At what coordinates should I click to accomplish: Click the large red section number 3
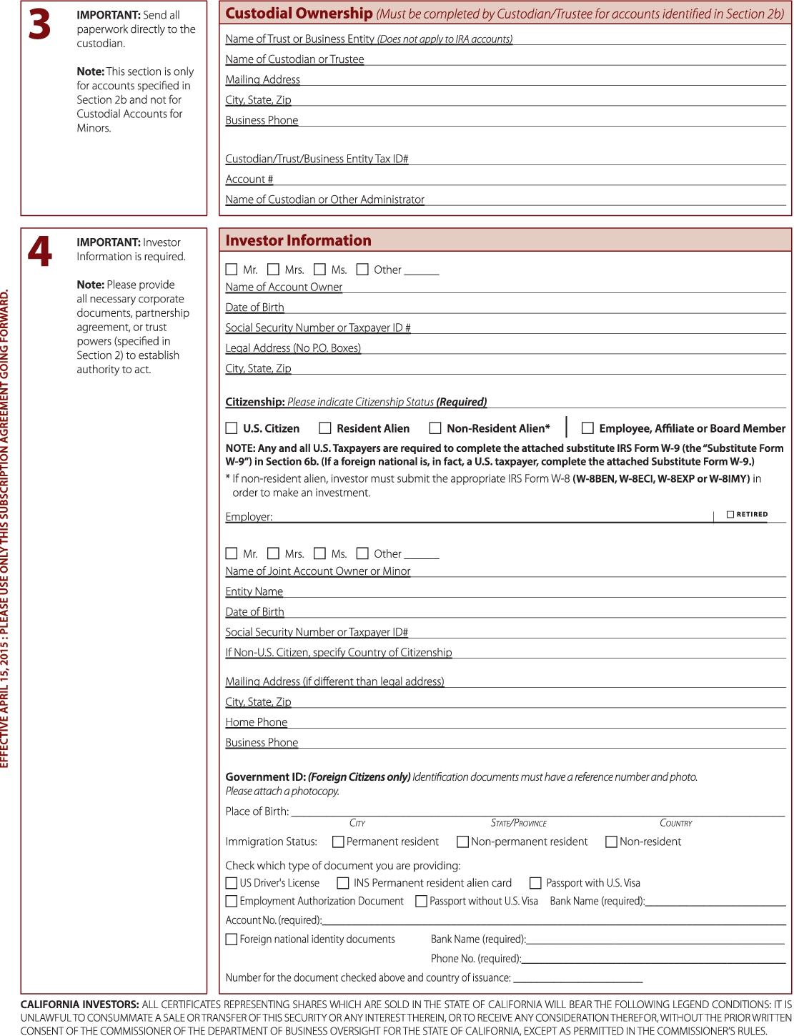coord(40,25)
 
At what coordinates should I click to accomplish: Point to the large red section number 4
coord(40,252)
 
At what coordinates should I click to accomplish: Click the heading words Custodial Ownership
coord(299,14)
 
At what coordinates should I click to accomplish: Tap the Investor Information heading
coord(298,241)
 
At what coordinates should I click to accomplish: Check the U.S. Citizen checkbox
coord(232,428)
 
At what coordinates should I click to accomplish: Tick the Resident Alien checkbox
coord(325,428)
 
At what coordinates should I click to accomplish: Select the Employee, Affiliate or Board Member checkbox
coord(587,428)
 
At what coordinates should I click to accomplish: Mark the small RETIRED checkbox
coord(730,514)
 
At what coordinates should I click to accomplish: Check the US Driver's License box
coord(232,883)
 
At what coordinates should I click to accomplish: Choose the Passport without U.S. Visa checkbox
coord(422,902)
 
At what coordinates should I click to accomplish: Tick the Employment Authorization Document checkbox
coord(232,902)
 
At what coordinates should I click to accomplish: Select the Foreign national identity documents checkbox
coord(232,939)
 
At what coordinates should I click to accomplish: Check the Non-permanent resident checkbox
coord(463,842)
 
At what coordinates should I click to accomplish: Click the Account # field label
coord(249,179)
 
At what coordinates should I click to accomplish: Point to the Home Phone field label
coord(257,722)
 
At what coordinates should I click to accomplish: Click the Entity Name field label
coord(254,591)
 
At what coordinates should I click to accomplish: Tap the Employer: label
coord(249,517)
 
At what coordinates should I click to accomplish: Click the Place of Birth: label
coord(257,811)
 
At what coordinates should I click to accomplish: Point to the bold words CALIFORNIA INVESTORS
coord(79,1005)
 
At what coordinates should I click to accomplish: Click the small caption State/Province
coord(519,824)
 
